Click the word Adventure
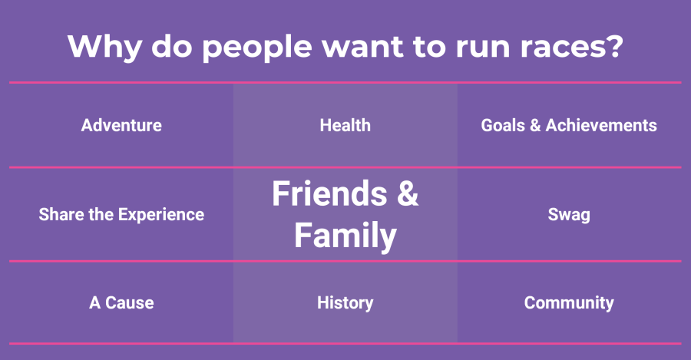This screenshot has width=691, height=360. (121, 126)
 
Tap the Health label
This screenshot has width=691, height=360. (345, 126)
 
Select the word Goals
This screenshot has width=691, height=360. (503, 126)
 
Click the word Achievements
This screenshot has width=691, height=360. (601, 126)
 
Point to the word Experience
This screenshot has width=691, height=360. (161, 215)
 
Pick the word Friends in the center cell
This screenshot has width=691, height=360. (329, 193)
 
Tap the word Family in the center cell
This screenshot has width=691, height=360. (345, 236)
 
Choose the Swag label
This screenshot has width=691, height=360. (569, 215)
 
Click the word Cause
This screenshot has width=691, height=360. (130, 302)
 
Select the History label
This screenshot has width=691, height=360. (345, 303)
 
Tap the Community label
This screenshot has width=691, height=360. (569, 303)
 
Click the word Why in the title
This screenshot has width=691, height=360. (105, 47)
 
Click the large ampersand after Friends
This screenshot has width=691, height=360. (408, 193)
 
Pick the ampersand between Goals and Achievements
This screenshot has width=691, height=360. (535, 126)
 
